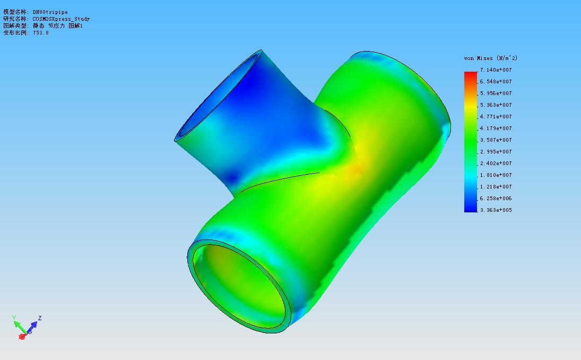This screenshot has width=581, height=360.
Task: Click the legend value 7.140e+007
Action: (496, 70)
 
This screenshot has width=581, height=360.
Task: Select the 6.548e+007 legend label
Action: (496, 82)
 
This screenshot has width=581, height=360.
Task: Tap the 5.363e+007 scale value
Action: (496, 105)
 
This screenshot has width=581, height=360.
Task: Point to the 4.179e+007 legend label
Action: (496, 128)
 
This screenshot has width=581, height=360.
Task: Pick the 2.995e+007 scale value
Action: (496, 152)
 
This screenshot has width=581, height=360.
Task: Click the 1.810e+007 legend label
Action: (496, 175)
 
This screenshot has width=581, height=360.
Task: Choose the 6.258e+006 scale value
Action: (496, 199)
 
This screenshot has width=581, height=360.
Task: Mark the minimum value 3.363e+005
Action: (496, 210)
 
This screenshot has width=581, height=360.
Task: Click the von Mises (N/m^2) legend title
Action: (491, 58)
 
